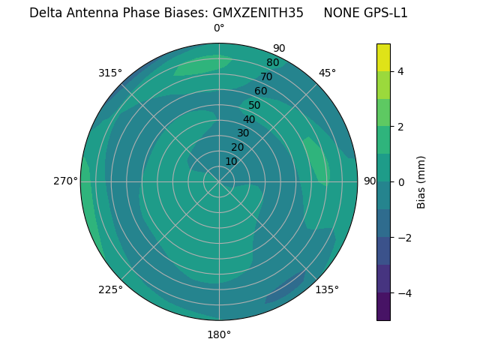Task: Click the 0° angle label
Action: coord(219,28)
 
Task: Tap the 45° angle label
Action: coord(327,73)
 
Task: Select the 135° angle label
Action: coord(327,289)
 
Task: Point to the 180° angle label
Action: coord(219,334)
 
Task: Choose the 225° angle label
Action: coord(110,289)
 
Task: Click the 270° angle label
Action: coord(65,181)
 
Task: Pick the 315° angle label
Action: coord(110,73)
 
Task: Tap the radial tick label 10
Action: coord(231,161)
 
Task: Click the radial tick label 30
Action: coord(243,133)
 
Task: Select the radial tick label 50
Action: coord(254,106)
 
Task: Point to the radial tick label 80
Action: coord(272,63)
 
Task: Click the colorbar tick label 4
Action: coord(400,71)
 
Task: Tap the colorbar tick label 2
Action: coord(400,127)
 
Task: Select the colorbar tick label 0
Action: coord(400,182)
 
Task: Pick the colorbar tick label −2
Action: coord(403,238)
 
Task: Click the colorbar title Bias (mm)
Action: coord(421,182)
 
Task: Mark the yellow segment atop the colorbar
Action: coord(383,58)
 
